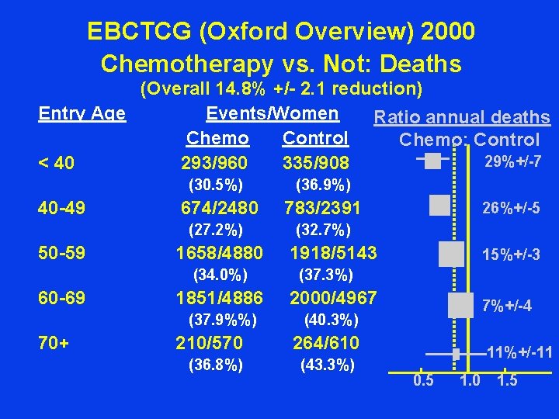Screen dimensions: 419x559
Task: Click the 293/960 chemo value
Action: click(214, 163)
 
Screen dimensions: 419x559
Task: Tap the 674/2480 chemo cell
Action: click(218, 208)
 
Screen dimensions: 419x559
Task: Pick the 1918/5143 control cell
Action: click(333, 253)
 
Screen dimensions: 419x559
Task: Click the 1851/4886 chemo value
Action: click(220, 298)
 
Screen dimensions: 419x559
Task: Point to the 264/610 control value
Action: click(325, 343)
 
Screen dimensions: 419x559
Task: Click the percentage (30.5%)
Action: click(217, 185)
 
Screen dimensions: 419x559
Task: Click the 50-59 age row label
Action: click(62, 253)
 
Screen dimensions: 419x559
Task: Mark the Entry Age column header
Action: click(82, 113)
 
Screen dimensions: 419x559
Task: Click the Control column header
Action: click(315, 138)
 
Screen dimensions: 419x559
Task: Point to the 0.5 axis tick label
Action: click(423, 380)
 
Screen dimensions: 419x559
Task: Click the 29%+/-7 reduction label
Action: click(512, 161)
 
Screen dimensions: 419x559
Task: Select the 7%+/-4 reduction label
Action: click(507, 306)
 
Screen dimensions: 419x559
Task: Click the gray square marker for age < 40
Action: click(432, 161)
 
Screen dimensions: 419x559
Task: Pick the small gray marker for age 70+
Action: click(457, 354)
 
